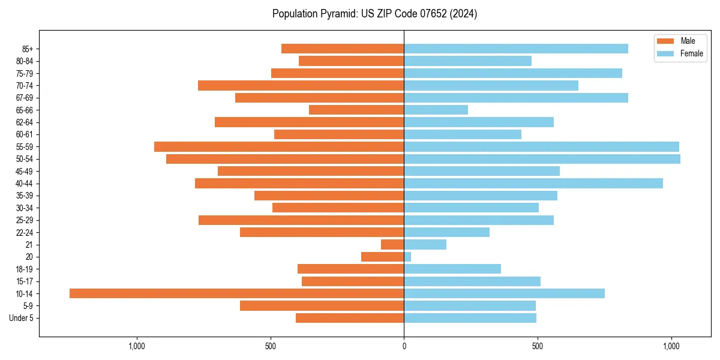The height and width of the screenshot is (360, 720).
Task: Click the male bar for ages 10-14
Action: coord(236,293)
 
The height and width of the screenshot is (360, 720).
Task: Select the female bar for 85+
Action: coord(516,49)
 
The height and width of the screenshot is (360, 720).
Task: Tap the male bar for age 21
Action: coord(392,244)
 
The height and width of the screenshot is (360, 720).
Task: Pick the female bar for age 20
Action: coord(407,257)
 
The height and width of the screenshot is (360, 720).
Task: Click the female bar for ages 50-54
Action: coord(542,159)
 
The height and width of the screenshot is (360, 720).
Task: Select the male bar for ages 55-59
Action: coord(279,146)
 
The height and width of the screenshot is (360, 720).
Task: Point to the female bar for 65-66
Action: coord(436,110)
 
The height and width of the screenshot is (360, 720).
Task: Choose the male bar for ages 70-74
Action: coord(301,85)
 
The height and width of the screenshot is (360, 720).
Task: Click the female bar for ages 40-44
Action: coord(533,183)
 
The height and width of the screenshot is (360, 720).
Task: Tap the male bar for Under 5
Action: coord(350,318)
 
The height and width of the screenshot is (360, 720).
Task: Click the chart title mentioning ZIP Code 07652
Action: coord(374,14)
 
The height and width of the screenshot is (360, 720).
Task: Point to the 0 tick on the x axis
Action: coord(404,346)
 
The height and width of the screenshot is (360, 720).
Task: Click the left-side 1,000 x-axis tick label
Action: coord(137,346)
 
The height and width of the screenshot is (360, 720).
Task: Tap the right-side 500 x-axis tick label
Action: coord(538,346)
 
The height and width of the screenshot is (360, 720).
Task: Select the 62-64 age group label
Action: coord(25,122)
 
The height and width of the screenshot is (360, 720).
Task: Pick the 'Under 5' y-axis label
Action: coord(21,318)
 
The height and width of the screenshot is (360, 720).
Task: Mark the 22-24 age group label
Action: coord(25,232)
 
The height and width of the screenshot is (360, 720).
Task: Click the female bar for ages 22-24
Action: coord(446,232)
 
